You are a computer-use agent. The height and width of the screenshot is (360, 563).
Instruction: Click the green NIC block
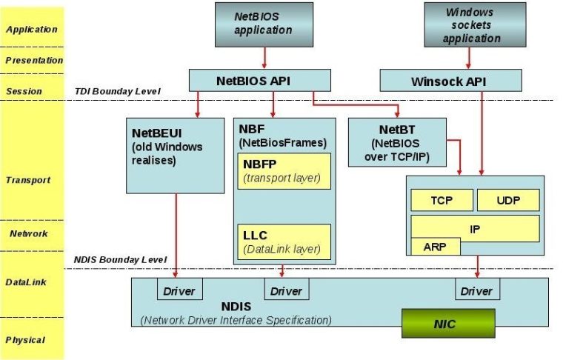point(447,324)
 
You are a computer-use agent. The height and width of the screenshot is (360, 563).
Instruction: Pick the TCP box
point(442,200)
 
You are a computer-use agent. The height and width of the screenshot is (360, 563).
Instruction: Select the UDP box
point(508,200)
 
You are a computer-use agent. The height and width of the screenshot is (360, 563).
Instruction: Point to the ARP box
point(436,247)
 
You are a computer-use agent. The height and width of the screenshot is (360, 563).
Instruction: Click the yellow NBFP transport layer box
point(284,170)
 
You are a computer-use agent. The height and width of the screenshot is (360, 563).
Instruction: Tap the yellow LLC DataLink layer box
point(284,241)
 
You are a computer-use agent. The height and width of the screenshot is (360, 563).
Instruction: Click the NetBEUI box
point(176,154)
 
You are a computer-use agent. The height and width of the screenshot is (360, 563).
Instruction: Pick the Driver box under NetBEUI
point(179,290)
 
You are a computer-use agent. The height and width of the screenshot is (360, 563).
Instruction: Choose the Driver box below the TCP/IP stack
point(476,290)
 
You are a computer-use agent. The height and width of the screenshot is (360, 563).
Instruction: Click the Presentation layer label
point(33,60)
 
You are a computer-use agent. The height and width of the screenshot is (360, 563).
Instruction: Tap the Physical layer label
point(27,340)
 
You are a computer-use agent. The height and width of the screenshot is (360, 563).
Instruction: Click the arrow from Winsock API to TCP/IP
point(482,133)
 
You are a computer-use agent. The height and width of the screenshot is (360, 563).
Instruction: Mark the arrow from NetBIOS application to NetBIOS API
point(264,56)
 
